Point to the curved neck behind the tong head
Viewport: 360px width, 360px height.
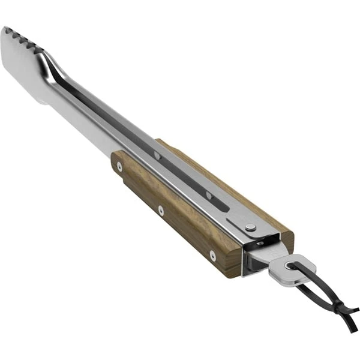click(57, 69)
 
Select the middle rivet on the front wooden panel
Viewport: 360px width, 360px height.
click(161, 210)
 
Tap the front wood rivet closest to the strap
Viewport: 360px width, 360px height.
click(212, 256)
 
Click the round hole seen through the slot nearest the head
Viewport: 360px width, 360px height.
click(157, 156)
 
